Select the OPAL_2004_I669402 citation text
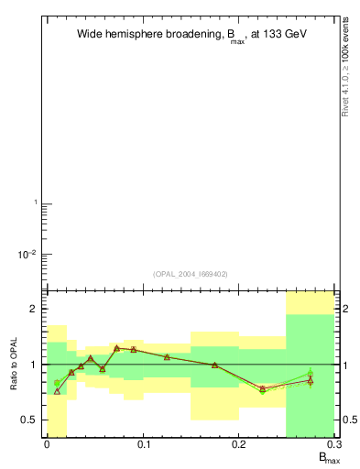click(191, 273)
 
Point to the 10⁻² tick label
click(27, 254)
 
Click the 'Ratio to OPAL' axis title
click(14, 365)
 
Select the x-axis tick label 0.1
click(143, 444)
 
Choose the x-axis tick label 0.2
click(239, 444)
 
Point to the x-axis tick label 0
click(47, 444)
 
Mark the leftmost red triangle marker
click(57, 391)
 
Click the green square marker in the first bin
click(57, 383)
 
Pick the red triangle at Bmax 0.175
click(215, 365)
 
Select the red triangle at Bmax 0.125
click(167, 356)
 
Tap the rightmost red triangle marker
click(311, 380)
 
